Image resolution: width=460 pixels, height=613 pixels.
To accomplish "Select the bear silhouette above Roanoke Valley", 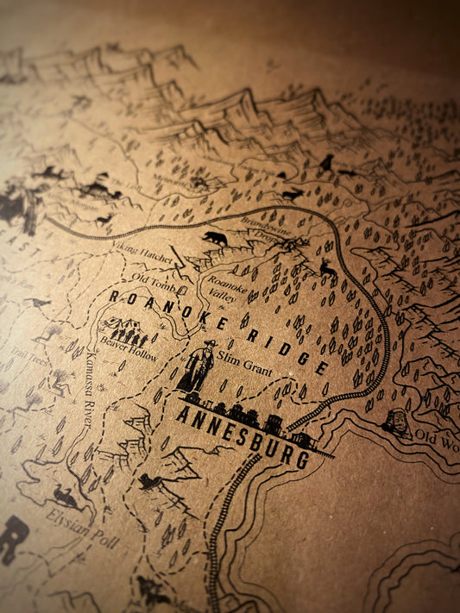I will (216, 237).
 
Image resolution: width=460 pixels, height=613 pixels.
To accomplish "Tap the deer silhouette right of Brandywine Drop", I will (328, 271).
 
